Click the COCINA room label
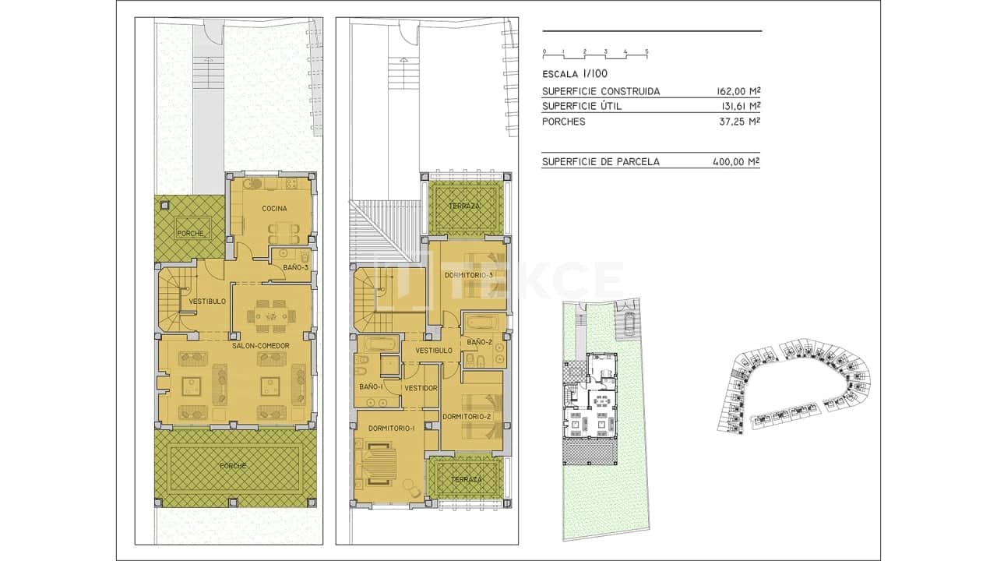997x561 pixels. point(274,209)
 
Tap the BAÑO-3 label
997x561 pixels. point(295,267)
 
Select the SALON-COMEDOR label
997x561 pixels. point(260,346)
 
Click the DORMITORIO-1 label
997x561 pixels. point(391,428)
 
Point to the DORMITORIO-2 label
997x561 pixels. point(466,417)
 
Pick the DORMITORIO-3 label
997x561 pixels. point(469,276)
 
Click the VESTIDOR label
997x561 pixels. point(421,388)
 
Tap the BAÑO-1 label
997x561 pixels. point(370,387)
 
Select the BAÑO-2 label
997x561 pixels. point(480,342)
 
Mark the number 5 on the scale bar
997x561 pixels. point(646,51)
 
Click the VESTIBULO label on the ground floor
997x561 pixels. point(207,301)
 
